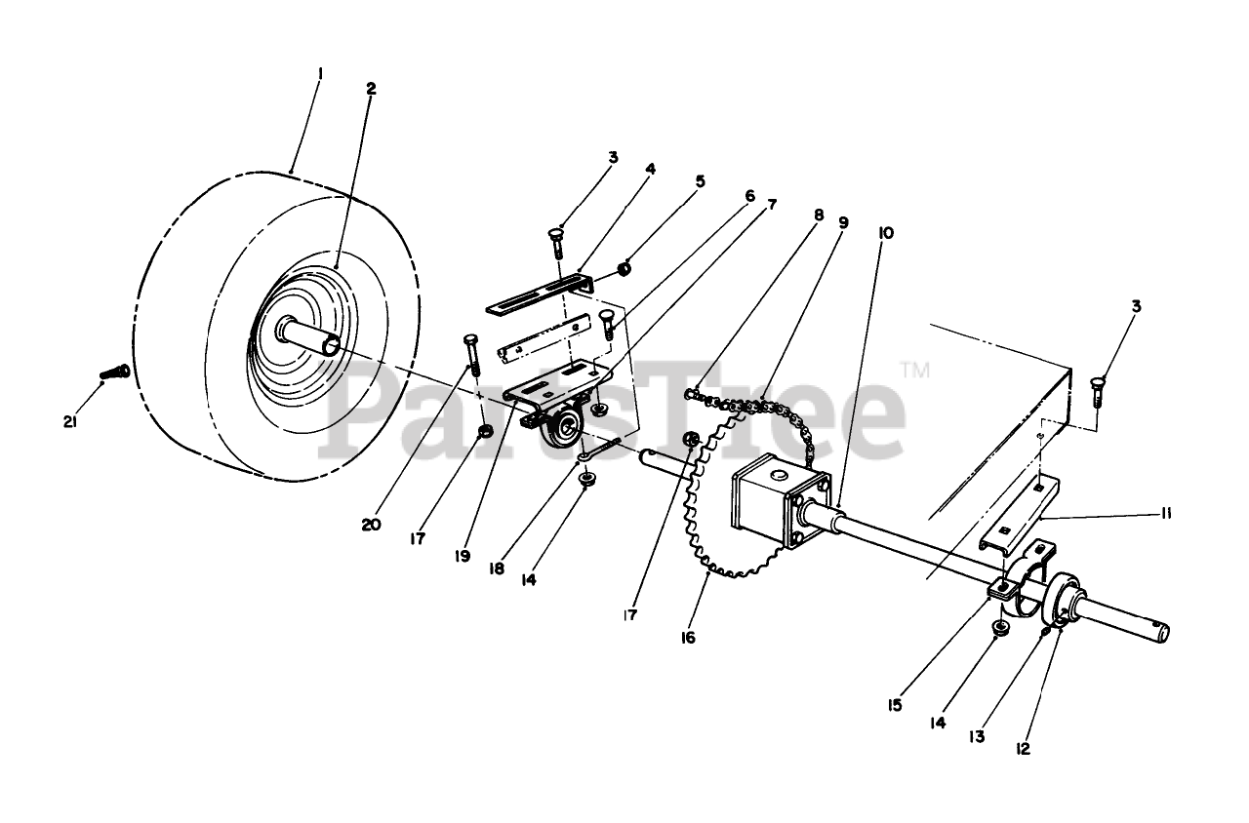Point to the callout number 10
click(x=885, y=233)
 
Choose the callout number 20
click(x=371, y=525)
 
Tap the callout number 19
click(x=462, y=556)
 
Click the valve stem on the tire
click(x=116, y=372)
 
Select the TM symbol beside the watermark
click(x=913, y=370)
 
